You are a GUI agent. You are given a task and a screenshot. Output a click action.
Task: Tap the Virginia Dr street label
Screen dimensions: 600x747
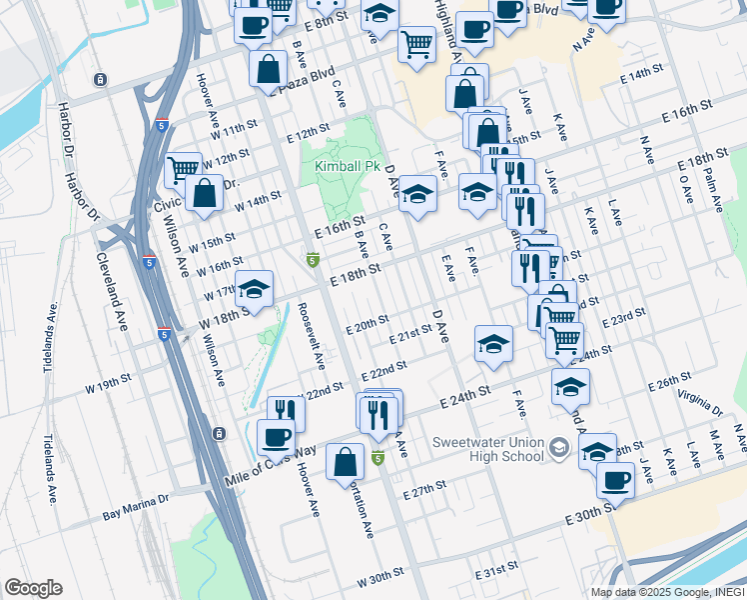699,405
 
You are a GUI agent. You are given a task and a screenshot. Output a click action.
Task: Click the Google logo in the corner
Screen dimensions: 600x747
33,588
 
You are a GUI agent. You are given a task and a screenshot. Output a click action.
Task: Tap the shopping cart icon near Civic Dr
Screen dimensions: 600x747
183,169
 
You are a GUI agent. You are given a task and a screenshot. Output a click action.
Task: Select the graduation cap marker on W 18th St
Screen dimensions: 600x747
254,289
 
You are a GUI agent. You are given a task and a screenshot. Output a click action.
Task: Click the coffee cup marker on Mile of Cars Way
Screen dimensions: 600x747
276,436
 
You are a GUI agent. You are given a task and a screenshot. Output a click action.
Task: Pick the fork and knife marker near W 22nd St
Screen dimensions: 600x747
286,410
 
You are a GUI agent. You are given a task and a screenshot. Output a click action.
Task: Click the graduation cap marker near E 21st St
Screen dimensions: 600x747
493,344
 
